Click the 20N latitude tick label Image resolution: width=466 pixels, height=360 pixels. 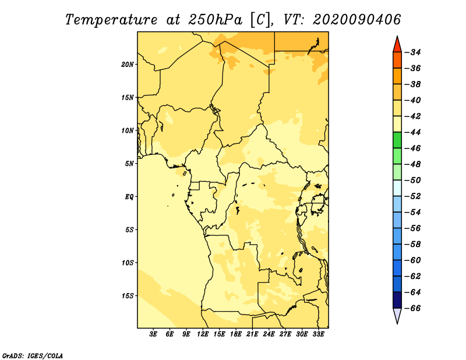pos(127,65)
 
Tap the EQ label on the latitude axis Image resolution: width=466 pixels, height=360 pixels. pos(129,197)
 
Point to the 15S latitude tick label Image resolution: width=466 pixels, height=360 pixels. pos(128,296)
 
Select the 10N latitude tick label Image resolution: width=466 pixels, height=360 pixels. pos(127,130)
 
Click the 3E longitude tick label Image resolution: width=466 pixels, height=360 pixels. pos(153,334)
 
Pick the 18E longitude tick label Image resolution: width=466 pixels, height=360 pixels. pos(236,334)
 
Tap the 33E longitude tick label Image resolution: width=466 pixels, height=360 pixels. pos(318,334)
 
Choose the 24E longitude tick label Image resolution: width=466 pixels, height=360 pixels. pos(269,334)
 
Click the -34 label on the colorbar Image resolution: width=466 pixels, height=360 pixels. pos(412,52)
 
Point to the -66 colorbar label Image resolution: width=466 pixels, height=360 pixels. pos(412,308)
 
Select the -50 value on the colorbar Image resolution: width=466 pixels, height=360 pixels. pos(412,181)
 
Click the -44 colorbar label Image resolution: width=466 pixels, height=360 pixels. pos(412,132)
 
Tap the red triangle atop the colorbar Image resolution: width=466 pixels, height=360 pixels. pos(397,45)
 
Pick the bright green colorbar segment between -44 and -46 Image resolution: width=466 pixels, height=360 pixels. pos(397,140)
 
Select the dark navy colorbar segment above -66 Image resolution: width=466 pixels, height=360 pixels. pos(397,300)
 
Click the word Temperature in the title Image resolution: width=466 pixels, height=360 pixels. pos(111,20)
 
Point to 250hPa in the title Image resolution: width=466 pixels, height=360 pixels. pos(215,20)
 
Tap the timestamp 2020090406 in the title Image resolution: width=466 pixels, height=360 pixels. pos(356,20)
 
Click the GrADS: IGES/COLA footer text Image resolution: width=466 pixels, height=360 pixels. pos(33,355)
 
